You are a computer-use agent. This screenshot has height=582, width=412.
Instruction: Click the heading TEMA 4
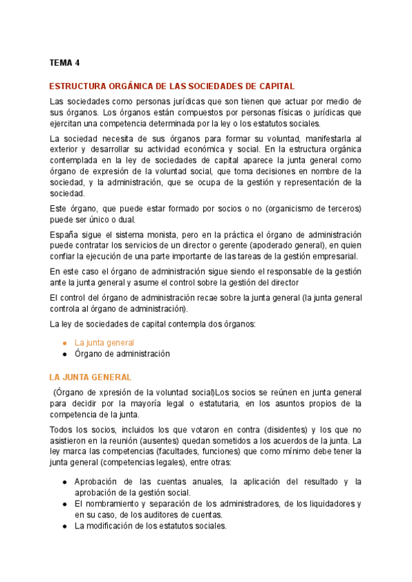click(65, 63)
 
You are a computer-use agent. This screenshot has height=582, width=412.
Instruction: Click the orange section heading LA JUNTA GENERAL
click(90, 377)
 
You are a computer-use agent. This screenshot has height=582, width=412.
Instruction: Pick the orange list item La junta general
click(104, 342)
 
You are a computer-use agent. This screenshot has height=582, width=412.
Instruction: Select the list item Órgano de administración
click(122, 354)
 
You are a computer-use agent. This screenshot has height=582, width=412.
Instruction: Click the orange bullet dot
click(65, 342)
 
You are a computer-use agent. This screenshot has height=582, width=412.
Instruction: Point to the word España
click(64, 234)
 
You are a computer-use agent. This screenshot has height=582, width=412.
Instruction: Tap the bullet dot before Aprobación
click(65, 482)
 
